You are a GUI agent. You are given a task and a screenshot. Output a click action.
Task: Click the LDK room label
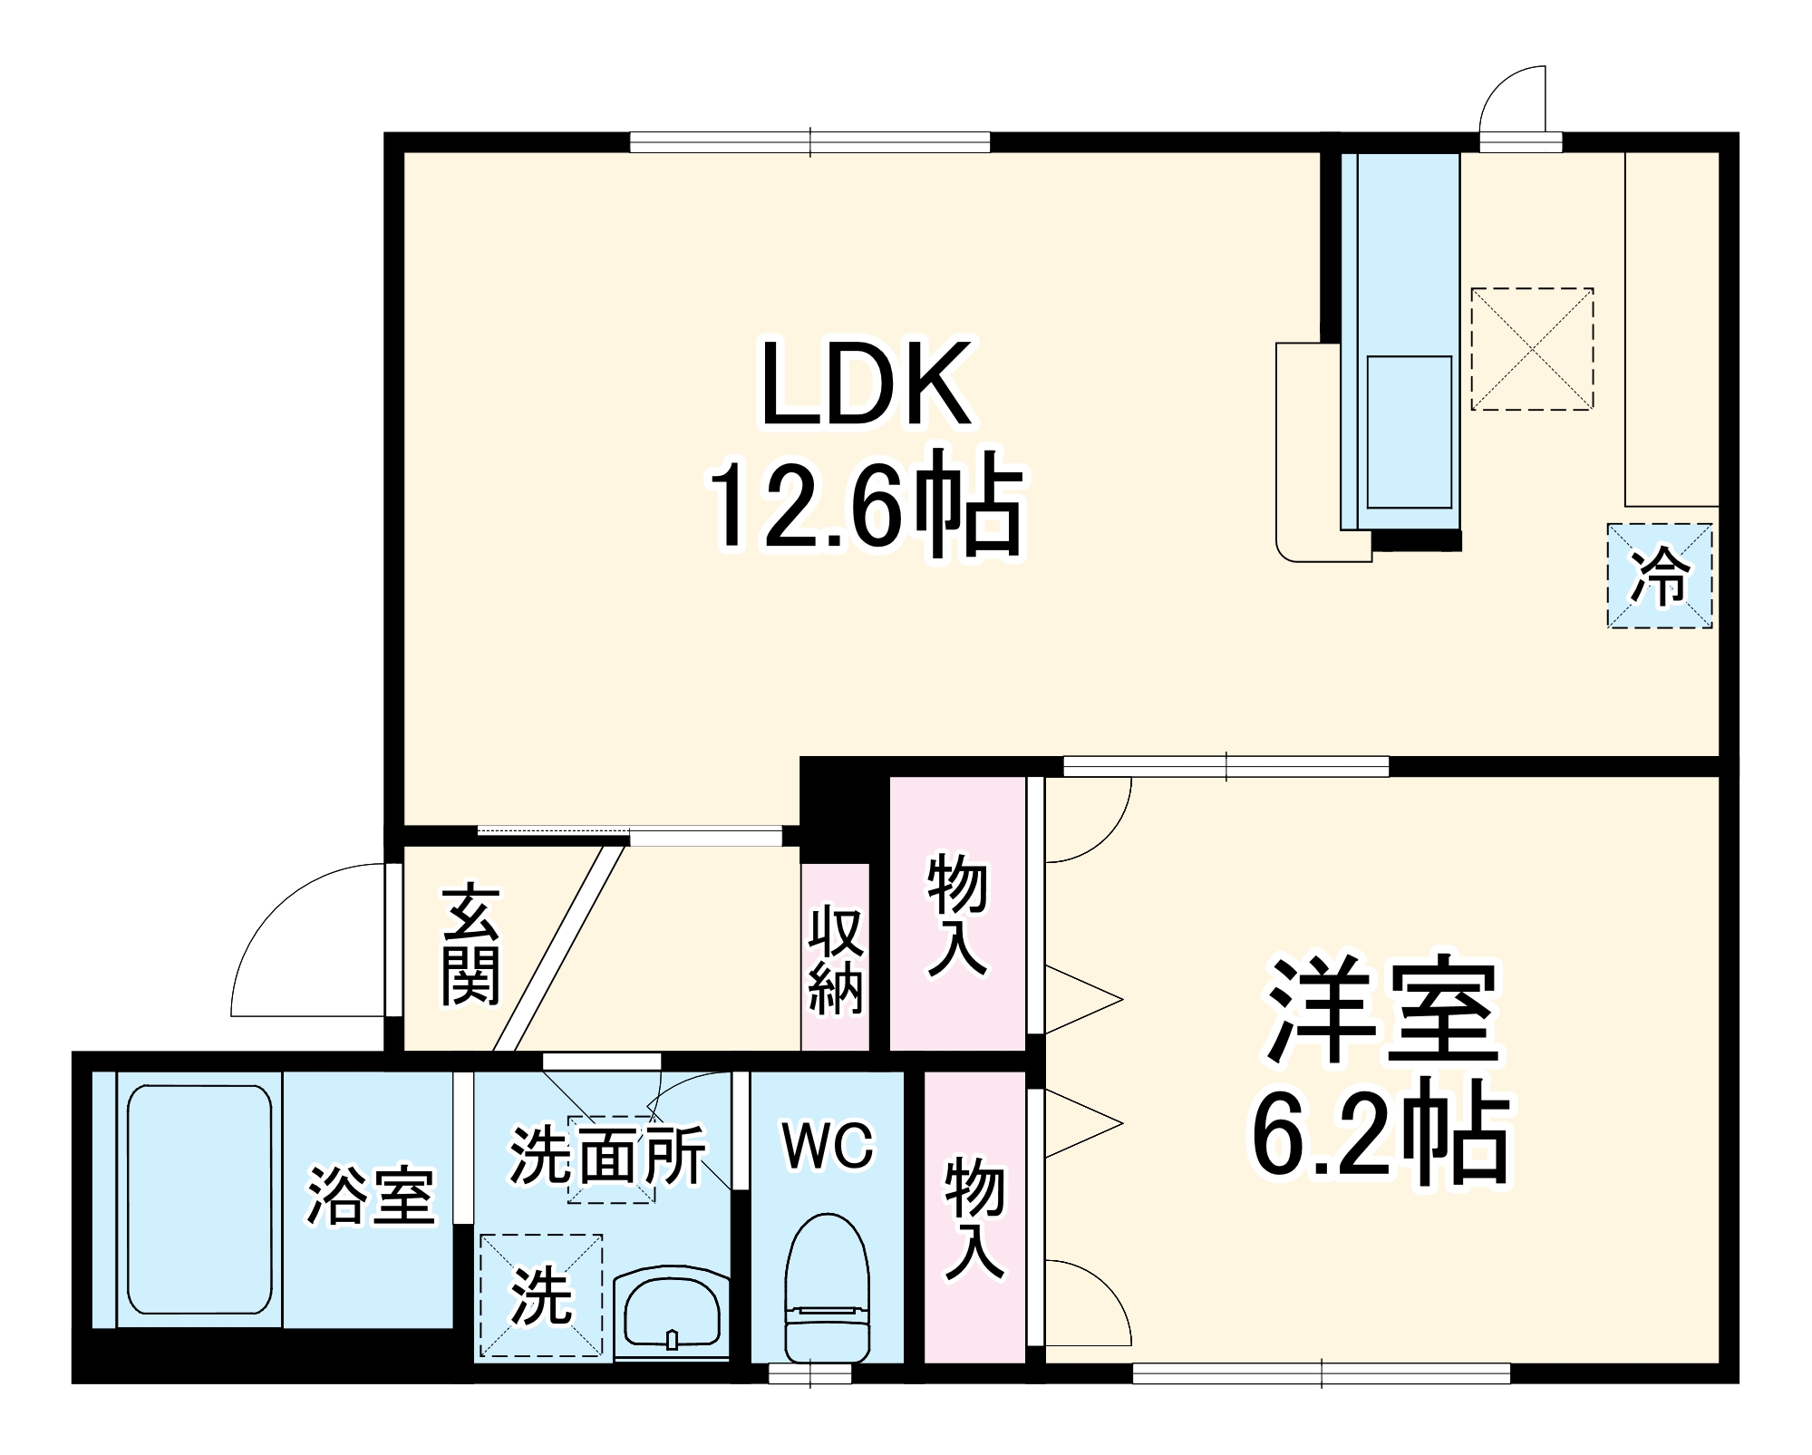pos(867,384)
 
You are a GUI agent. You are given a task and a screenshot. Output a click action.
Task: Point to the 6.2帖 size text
pos(1381,1133)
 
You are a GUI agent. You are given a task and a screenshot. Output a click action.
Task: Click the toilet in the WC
pos(826,1288)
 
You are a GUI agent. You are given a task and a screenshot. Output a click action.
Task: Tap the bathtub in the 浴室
pos(199,1199)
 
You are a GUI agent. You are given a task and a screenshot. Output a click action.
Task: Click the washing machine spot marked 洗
pos(541,1295)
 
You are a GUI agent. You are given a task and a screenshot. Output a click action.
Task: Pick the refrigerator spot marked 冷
pos(1659,576)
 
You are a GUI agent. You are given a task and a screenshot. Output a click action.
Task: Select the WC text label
pos(828,1146)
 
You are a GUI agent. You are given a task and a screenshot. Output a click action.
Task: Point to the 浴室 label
pos(372,1194)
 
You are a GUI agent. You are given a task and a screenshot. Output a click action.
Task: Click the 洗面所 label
pos(607,1155)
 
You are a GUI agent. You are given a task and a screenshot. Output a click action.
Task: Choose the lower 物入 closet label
pos(974,1219)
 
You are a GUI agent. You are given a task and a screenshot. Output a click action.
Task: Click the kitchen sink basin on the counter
pos(1409,432)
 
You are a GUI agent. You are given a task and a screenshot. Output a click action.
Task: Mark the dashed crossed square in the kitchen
pos(1531,349)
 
